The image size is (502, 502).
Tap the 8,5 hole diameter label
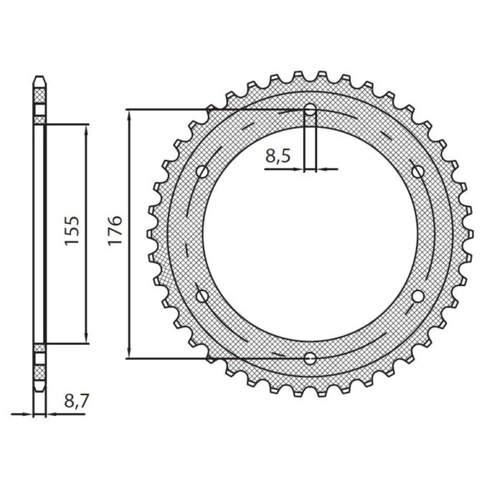tap(278, 155)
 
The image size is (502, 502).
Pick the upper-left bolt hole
tap(202, 171)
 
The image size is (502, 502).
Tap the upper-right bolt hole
tap(417, 171)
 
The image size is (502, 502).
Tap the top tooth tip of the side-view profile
tap(40, 77)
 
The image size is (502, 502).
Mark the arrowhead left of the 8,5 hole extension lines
tap(300, 170)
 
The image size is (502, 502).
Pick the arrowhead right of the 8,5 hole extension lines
tap(321, 170)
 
